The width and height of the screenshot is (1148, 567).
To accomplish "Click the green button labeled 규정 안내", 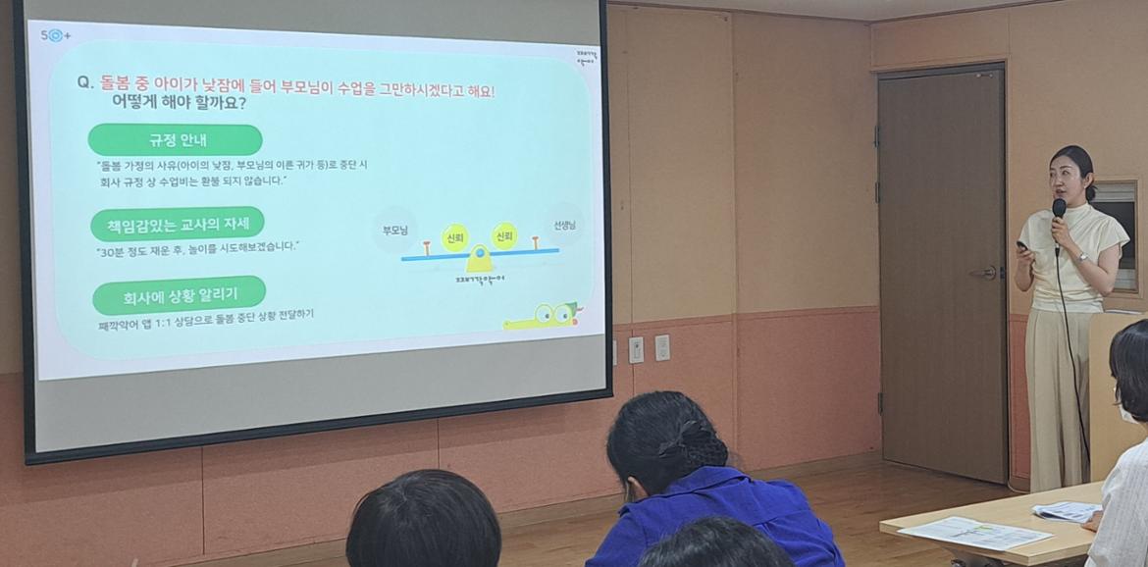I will (175, 139).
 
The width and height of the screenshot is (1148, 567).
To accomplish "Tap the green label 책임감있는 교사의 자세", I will (177, 224).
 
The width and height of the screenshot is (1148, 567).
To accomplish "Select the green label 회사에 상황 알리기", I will (179, 294).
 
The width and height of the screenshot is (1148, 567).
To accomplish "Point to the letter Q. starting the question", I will (85, 83).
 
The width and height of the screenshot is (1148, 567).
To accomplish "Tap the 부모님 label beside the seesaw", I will (394, 231).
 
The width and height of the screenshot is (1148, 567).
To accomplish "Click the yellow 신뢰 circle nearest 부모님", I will (454, 237).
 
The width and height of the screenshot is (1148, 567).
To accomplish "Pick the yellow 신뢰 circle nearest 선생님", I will (504, 235).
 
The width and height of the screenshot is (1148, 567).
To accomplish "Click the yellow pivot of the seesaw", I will (480, 260).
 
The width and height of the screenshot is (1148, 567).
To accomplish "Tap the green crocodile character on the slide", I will (545, 316).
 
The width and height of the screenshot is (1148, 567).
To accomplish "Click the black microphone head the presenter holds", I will (1059, 208).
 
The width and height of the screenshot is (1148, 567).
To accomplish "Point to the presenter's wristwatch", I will (1081, 257).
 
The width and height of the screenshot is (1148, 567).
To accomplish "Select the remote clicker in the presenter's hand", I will (1022, 246).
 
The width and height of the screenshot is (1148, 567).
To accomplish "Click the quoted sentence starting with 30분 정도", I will (197, 248).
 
